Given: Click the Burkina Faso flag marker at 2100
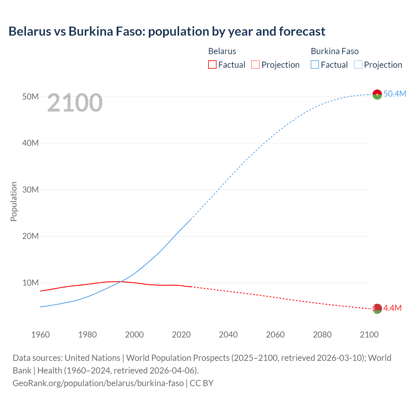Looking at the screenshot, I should [377, 94].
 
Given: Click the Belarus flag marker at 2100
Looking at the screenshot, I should [377, 309].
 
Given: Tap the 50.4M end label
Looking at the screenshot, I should [395, 94].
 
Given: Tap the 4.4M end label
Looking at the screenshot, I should [392, 308].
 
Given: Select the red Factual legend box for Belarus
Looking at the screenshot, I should [212, 65].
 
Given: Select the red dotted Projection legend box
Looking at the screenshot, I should [255, 65].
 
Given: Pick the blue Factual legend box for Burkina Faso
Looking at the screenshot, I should [315, 65].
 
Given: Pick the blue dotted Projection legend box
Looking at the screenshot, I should [358, 65].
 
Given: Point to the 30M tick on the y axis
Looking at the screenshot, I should [30, 190].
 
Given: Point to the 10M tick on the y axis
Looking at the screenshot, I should [30, 283].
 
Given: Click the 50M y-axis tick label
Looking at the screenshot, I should [30, 97].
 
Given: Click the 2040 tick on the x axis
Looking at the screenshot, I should [228, 335].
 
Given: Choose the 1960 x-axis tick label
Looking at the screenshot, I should [41, 335].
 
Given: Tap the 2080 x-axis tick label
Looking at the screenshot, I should [322, 335].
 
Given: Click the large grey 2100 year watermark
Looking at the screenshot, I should [75, 103].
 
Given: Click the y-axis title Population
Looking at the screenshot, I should [14, 201].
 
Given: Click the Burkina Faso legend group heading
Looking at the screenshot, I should [335, 51].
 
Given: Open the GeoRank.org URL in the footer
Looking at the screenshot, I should [98, 383].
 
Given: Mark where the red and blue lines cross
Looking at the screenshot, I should [120, 282].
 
